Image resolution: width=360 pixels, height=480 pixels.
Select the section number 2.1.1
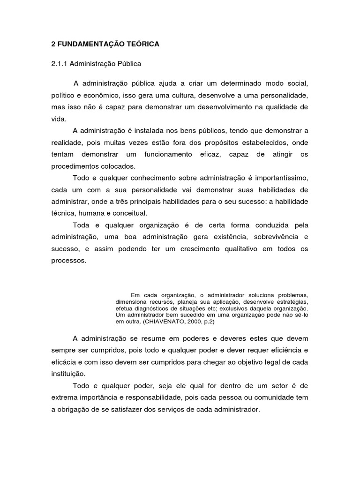[x=60, y=62]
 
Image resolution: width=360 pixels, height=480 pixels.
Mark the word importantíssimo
[x=279, y=178]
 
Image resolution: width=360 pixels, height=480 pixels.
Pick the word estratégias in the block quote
[x=291, y=302]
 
